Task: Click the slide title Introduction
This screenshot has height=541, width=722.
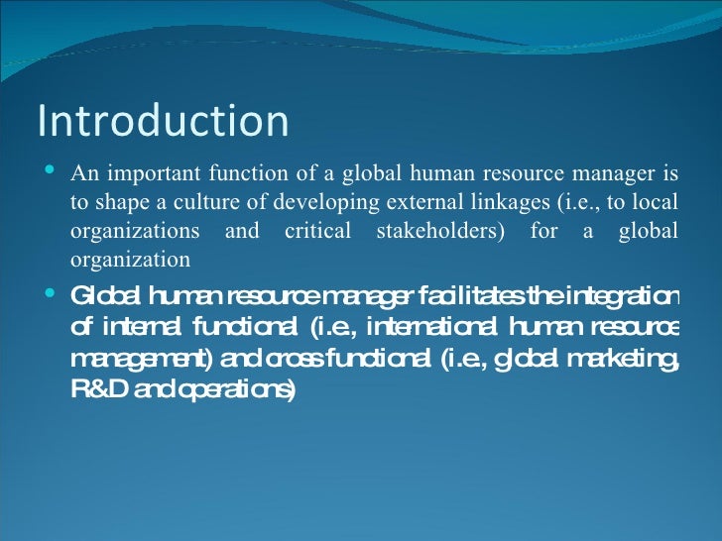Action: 164,121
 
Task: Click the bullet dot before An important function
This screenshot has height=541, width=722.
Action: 52,174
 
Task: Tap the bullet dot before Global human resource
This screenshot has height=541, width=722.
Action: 52,293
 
